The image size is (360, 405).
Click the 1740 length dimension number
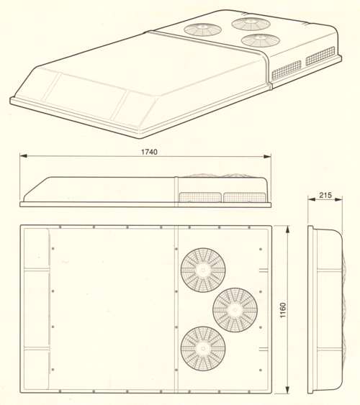[149, 152]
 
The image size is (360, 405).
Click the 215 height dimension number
[325, 195]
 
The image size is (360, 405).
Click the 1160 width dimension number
[283, 310]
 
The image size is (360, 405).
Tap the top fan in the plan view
[203, 270]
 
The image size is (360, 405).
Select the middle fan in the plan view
[235, 310]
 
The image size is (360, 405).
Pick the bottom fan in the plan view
[203, 349]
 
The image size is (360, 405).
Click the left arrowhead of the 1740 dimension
[24, 156]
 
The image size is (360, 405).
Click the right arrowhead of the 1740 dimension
[267, 156]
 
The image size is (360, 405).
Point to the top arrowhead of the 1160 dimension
[287, 229]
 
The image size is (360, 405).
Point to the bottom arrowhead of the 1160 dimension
[287, 389]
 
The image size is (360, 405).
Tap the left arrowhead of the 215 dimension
[312, 199]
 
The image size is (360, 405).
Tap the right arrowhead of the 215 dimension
[338, 199]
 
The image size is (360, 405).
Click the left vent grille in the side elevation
[200, 197]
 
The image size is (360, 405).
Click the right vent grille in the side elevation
[245, 197]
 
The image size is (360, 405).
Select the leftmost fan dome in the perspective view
[202, 29]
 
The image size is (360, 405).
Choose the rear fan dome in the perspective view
[251, 24]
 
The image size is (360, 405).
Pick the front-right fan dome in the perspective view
[261, 40]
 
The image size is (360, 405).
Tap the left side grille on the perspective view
[287, 70]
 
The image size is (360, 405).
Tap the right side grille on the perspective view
[320, 55]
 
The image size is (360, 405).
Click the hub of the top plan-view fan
[203, 270]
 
